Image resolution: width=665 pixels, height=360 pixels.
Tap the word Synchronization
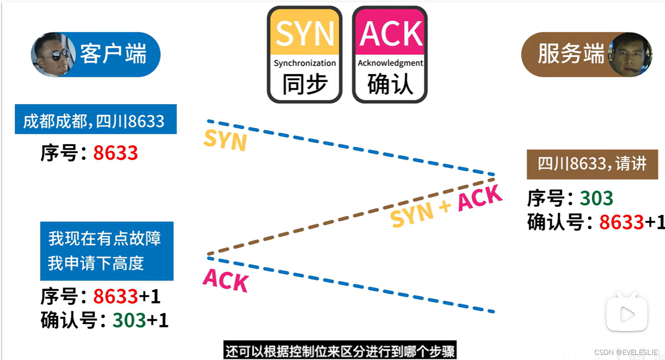coord(305,63)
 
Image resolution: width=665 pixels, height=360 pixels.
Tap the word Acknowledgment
coord(390,63)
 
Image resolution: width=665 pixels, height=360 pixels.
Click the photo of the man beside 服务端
coord(630,54)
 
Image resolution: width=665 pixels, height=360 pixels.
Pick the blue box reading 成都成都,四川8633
coord(95,120)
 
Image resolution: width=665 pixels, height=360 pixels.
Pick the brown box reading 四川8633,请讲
coord(592,165)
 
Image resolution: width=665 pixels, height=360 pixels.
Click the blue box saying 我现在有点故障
coord(107,251)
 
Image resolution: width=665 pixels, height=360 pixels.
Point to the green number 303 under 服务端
coord(596,198)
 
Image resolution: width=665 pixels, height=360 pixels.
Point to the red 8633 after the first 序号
coord(116,152)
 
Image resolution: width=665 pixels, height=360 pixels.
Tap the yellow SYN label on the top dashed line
coord(225,140)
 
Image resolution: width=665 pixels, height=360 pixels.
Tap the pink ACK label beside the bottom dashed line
coord(225,280)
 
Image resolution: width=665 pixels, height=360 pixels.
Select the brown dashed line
coord(350,216)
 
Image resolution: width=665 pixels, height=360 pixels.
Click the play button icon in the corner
coord(627,314)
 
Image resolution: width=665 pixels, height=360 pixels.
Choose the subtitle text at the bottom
coord(340,350)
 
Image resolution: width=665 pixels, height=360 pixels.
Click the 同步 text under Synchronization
coord(305,84)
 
